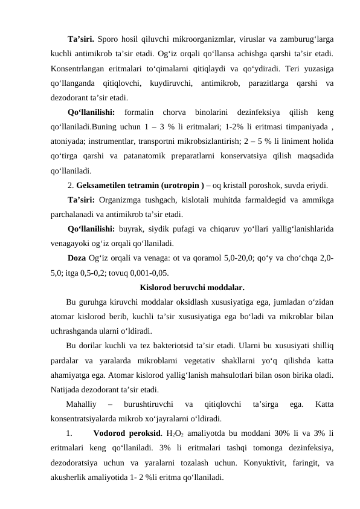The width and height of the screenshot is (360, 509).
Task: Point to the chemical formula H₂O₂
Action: tap(176, 433)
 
